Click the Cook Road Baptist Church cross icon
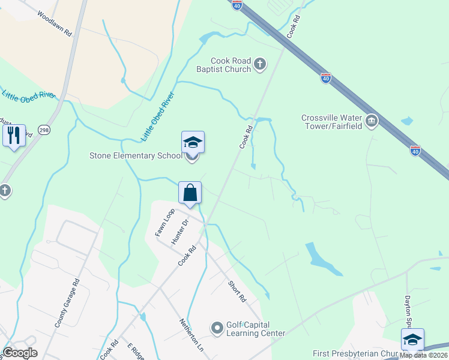coord(260,64)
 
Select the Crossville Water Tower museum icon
coord(372,122)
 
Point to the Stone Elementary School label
coord(135,156)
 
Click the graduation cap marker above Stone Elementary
coord(193,143)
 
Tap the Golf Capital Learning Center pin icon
coord(217,328)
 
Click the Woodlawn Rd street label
coord(55,24)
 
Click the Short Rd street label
coord(237,291)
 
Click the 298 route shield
coord(44,130)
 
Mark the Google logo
coord(20,353)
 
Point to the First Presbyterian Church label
coord(354,354)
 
